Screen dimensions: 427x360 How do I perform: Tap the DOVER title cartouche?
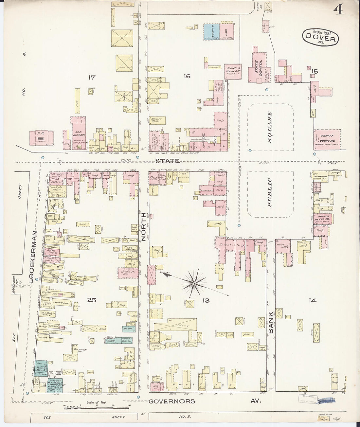[x=320, y=37]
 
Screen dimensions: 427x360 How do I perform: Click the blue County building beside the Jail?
[x=211, y=32]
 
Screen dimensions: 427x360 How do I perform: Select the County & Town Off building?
[x=233, y=71]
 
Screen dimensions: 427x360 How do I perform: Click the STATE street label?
[x=167, y=161]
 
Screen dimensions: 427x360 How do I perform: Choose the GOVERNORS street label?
[x=171, y=401]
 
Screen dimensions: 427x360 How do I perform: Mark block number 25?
[x=92, y=299]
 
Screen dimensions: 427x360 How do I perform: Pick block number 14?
[x=313, y=300]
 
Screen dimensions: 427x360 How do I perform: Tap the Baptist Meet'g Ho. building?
[x=322, y=219]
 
